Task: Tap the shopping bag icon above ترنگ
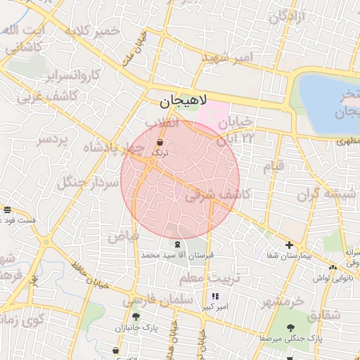[161, 143]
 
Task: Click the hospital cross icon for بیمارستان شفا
[289, 245]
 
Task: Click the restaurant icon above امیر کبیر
[215, 297]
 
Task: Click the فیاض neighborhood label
[122, 236]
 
